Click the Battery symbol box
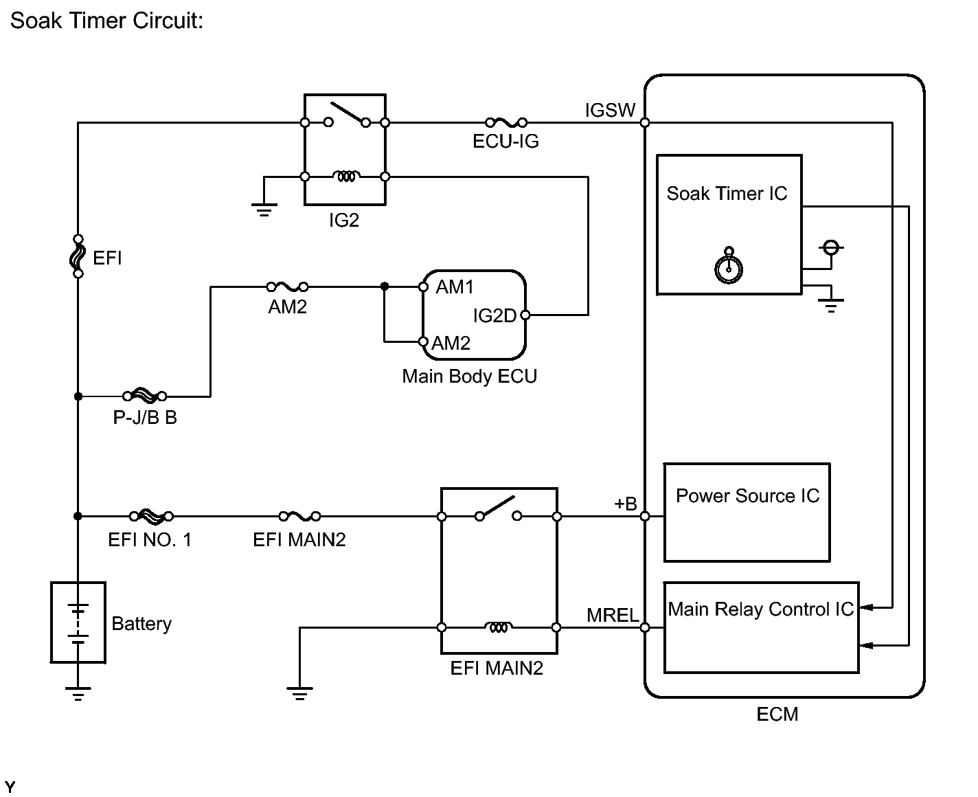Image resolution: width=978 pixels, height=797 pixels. click(78, 622)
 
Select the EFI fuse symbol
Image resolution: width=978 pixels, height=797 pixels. click(78, 256)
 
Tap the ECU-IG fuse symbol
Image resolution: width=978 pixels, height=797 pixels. click(505, 123)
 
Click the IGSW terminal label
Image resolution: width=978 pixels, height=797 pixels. click(610, 110)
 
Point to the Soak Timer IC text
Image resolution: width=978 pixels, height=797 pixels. click(727, 194)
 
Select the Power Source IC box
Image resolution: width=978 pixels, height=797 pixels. click(747, 513)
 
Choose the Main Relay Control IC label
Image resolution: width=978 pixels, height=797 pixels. click(760, 609)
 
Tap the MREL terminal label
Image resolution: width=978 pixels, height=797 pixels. click(613, 615)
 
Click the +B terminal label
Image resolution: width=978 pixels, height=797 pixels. click(625, 504)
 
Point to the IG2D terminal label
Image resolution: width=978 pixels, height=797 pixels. click(494, 315)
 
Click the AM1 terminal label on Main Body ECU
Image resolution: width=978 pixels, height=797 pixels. click(455, 287)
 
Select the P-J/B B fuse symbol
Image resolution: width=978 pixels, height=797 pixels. click(144, 396)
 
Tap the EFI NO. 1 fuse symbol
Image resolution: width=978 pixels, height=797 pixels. click(151, 516)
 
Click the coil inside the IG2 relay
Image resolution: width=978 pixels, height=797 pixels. click(345, 177)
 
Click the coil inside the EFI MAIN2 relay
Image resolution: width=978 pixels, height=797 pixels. click(499, 627)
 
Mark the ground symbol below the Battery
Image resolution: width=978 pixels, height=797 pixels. click(78, 693)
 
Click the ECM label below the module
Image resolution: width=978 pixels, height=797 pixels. click(777, 715)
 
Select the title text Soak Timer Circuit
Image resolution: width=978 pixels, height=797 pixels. click(106, 21)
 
